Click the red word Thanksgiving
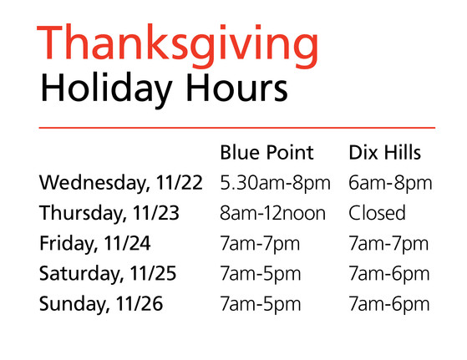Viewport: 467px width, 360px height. coord(177,46)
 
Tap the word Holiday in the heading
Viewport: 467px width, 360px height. coord(106,88)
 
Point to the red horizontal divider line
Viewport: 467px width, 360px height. coord(237,128)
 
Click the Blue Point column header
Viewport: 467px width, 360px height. coord(266,153)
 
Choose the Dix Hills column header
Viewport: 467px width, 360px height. coord(384,153)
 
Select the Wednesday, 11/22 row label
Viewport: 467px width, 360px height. coord(121,182)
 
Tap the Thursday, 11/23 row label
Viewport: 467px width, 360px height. coord(109,213)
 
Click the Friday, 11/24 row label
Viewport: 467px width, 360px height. coord(94,243)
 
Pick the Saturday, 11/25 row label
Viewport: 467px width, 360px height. coord(108,273)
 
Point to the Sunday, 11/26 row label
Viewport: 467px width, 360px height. coord(101,304)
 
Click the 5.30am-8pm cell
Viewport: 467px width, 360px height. coord(275,183)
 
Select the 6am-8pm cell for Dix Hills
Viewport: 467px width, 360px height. coord(390,183)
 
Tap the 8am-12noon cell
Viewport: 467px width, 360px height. coord(273,213)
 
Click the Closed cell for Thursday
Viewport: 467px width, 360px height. coord(377,213)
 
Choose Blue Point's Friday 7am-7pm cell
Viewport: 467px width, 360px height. coord(260,244)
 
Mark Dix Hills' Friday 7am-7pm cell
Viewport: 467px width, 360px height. coord(388,244)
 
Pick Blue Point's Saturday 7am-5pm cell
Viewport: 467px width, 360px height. coord(261,274)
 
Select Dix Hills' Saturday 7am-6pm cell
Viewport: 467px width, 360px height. coord(389,274)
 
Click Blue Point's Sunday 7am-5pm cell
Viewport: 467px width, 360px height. coord(261,305)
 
